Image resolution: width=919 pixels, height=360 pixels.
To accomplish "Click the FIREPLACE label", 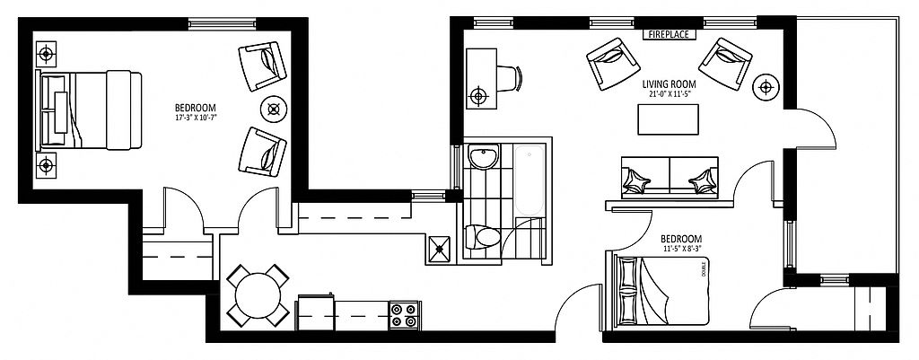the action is (667, 34).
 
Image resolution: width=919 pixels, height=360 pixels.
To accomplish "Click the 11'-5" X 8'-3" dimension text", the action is (686, 248).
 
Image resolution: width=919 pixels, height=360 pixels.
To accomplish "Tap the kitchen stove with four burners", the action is (405, 314).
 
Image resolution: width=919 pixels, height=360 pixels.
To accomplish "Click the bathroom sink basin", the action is (485, 159).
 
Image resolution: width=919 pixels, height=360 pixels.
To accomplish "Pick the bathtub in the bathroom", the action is (530, 180).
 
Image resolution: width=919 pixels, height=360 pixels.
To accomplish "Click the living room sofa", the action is (670, 176).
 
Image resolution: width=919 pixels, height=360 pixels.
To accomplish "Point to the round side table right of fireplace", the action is (766, 87).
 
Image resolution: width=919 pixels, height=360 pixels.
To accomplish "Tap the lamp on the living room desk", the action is (478, 93).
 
